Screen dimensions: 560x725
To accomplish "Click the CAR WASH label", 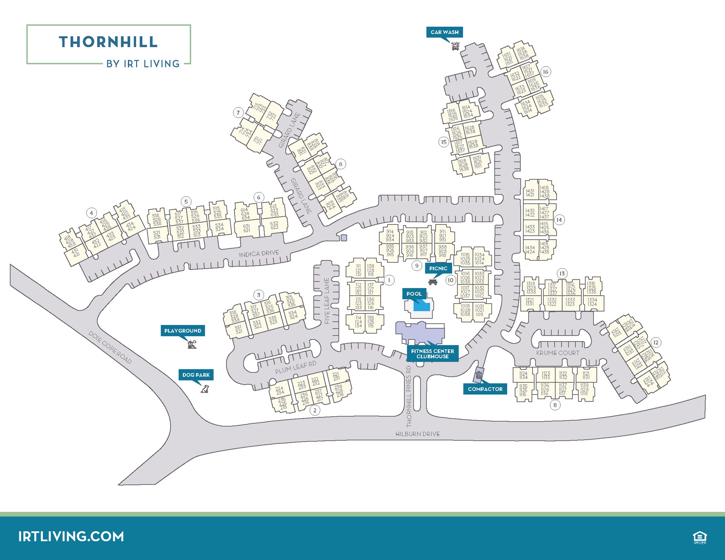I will click(x=444, y=32).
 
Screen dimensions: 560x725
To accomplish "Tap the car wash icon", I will click(x=455, y=46).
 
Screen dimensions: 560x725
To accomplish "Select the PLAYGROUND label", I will click(x=183, y=331).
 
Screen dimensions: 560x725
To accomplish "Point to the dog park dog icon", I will click(x=205, y=389).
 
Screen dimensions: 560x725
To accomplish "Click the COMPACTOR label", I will click(x=485, y=389).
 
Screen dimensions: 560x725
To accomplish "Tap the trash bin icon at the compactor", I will click(x=479, y=375).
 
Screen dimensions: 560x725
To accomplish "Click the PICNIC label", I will click(x=438, y=268).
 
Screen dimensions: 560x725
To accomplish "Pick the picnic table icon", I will click(x=433, y=282).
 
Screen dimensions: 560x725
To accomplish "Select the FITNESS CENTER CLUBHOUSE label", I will click(x=432, y=354).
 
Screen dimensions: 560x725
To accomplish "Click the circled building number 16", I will click(x=545, y=72).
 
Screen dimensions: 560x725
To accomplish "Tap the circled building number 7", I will click(x=238, y=113).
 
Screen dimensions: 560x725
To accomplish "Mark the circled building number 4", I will click(x=91, y=213).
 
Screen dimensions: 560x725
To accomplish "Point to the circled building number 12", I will click(x=656, y=342).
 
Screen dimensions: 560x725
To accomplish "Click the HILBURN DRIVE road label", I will click(x=417, y=434).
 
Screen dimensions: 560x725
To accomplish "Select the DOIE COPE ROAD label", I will click(x=110, y=347).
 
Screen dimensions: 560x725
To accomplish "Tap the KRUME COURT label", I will click(x=558, y=353).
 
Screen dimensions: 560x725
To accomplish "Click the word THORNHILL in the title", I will click(x=108, y=42).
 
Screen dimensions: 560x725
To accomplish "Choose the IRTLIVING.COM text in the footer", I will click(x=71, y=536).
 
